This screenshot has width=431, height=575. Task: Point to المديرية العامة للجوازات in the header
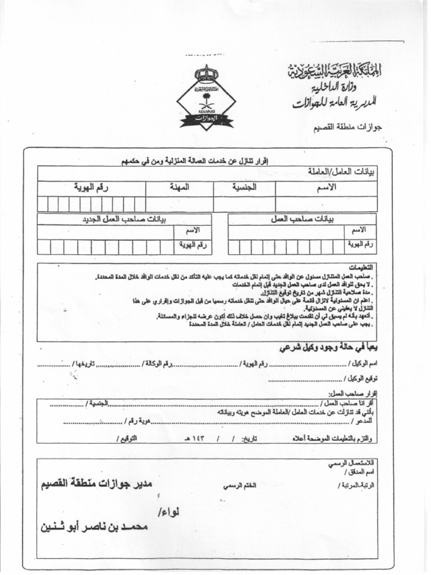click(334, 103)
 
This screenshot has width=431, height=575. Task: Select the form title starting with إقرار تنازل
click(196, 161)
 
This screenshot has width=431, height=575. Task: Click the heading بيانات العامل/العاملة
click(342, 172)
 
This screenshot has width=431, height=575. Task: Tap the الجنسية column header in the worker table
click(244, 188)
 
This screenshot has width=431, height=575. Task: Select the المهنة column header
click(180, 188)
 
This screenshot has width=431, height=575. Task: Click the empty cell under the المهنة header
click(180, 204)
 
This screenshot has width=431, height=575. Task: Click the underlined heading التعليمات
click(361, 267)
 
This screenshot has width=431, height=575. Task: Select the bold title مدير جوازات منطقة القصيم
click(95, 483)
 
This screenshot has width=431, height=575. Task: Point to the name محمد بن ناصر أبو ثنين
click(94, 527)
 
